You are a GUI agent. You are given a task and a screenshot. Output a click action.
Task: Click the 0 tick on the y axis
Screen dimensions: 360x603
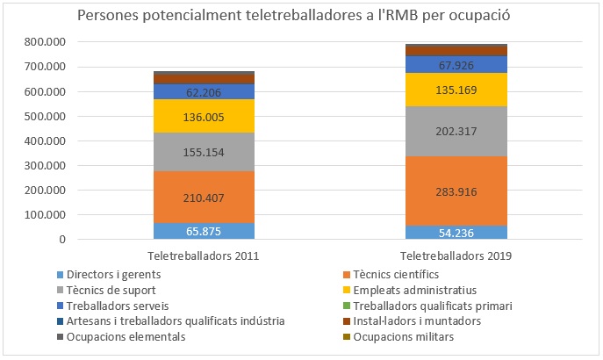click(x=62, y=240)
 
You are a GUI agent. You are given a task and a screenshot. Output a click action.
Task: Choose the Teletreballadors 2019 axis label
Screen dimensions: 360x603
click(x=456, y=256)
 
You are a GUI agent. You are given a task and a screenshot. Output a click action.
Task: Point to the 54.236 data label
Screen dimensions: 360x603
click(x=456, y=233)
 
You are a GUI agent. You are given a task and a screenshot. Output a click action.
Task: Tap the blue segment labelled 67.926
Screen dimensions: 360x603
click(x=456, y=64)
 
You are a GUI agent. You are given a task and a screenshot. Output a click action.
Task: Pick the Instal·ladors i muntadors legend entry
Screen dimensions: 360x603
click(x=406, y=320)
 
